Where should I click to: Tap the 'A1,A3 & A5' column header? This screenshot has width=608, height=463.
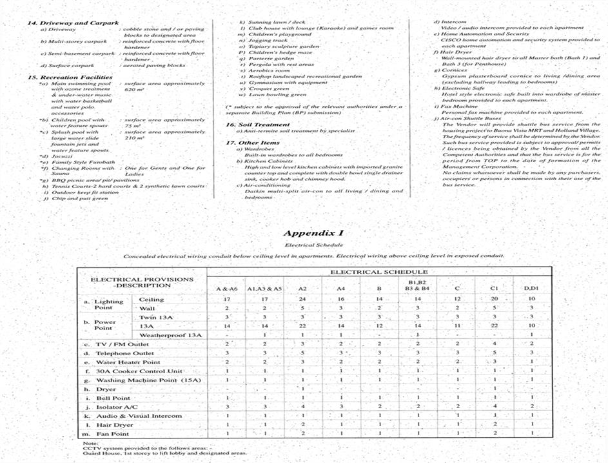[x=264, y=288]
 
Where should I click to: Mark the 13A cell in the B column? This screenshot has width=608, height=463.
[x=379, y=327]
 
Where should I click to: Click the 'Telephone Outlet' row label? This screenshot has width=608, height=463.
[x=125, y=354]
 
